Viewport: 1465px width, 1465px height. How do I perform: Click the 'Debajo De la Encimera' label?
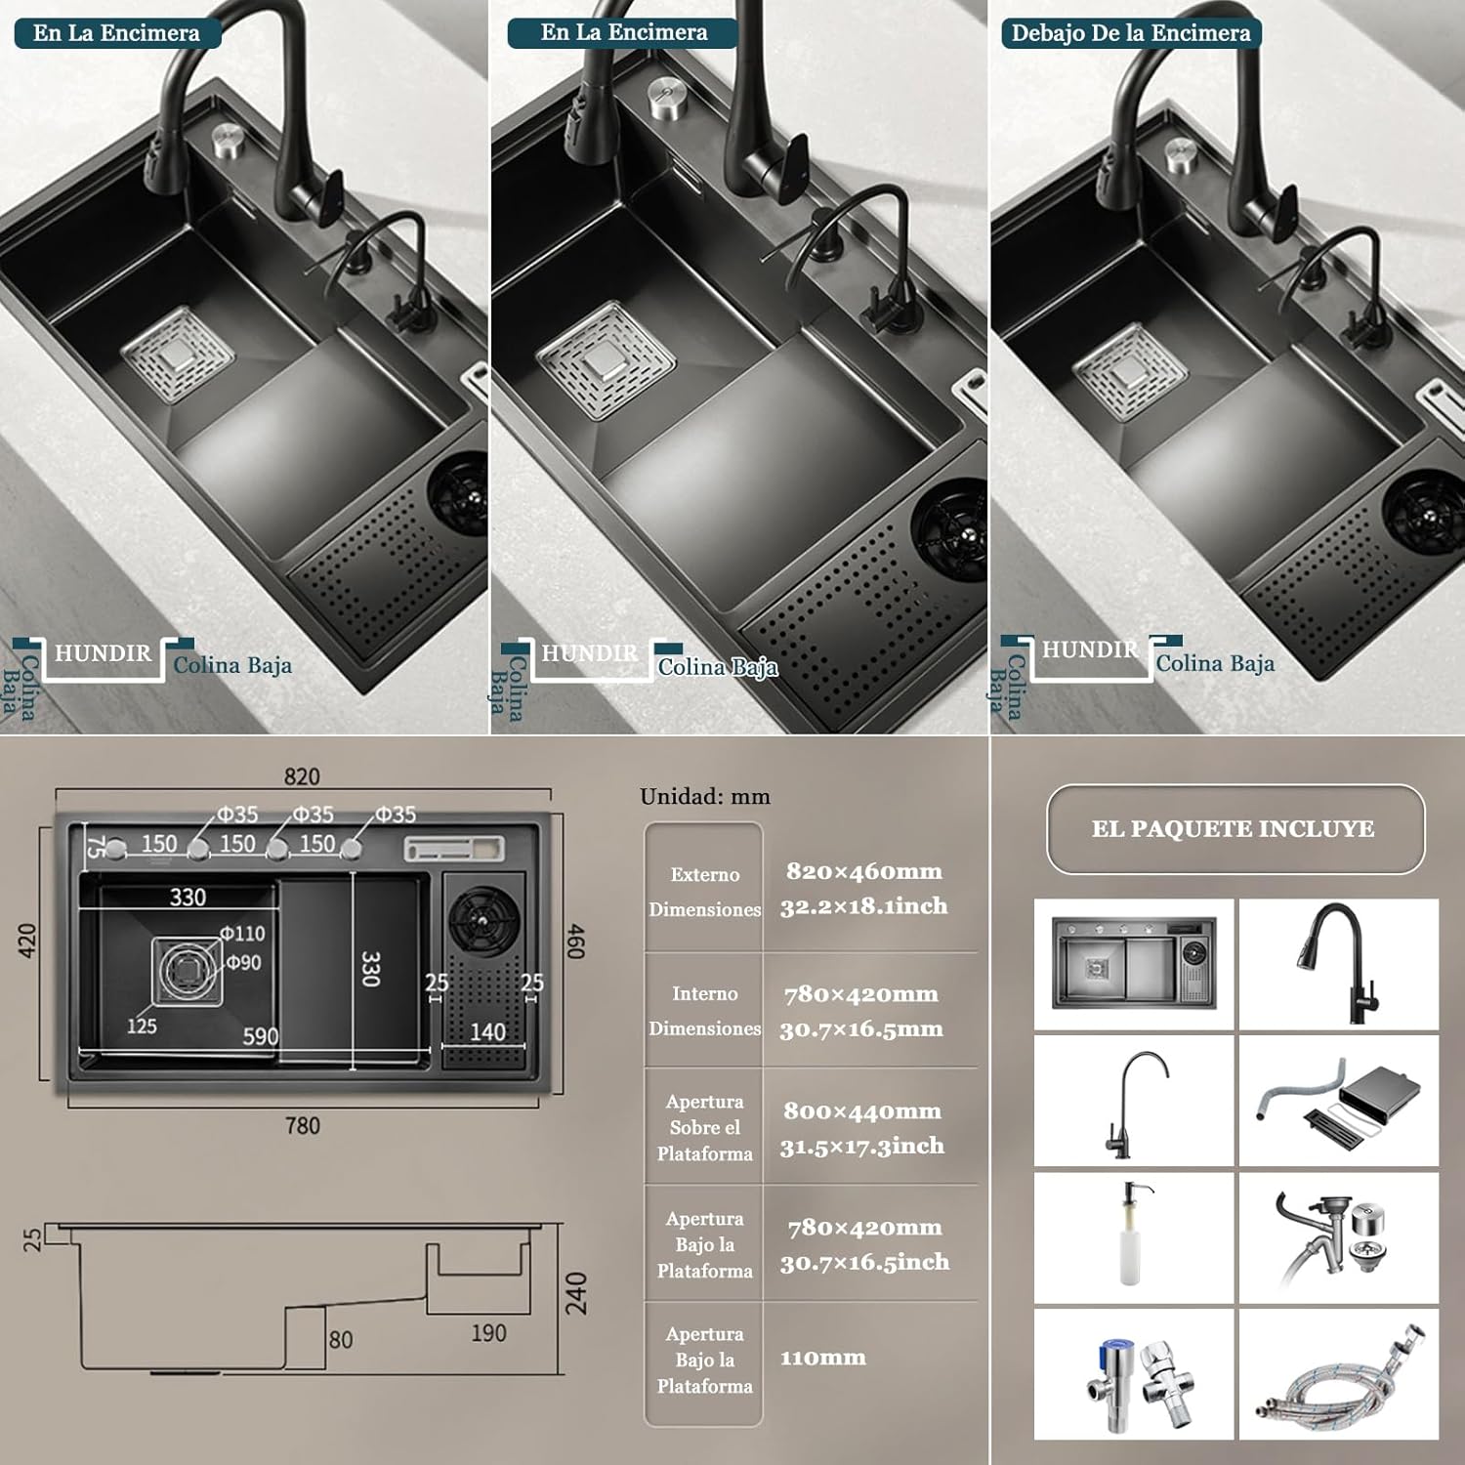click(1130, 33)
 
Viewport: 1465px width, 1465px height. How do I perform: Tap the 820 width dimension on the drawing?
click(302, 776)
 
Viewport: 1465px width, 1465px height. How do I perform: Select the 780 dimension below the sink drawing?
click(302, 1126)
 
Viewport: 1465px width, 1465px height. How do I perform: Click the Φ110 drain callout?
click(241, 934)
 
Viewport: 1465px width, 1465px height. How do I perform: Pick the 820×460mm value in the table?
click(863, 871)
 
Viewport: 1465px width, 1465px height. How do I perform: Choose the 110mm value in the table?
click(822, 1358)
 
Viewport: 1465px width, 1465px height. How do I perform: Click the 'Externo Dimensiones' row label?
click(704, 892)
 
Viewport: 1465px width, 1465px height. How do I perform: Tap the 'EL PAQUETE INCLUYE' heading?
click(1233, 829)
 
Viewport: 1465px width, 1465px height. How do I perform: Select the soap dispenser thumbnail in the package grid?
click(1133, 1236)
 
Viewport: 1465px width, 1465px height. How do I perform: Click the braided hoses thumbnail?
click(1338, 1375)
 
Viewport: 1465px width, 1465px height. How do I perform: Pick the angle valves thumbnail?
click(1133, 1375)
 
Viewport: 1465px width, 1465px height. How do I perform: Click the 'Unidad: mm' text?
click(704, 797)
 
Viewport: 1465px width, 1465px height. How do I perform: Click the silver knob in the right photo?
click(1181, 154)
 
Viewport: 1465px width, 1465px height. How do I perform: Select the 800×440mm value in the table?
click(861, 1111)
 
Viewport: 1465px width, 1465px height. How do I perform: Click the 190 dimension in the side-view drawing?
click(488, 1333)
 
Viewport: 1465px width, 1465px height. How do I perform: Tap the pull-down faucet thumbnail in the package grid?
click(1338, 964)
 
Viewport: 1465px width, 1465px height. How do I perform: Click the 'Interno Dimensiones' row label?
click(704, 1011)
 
